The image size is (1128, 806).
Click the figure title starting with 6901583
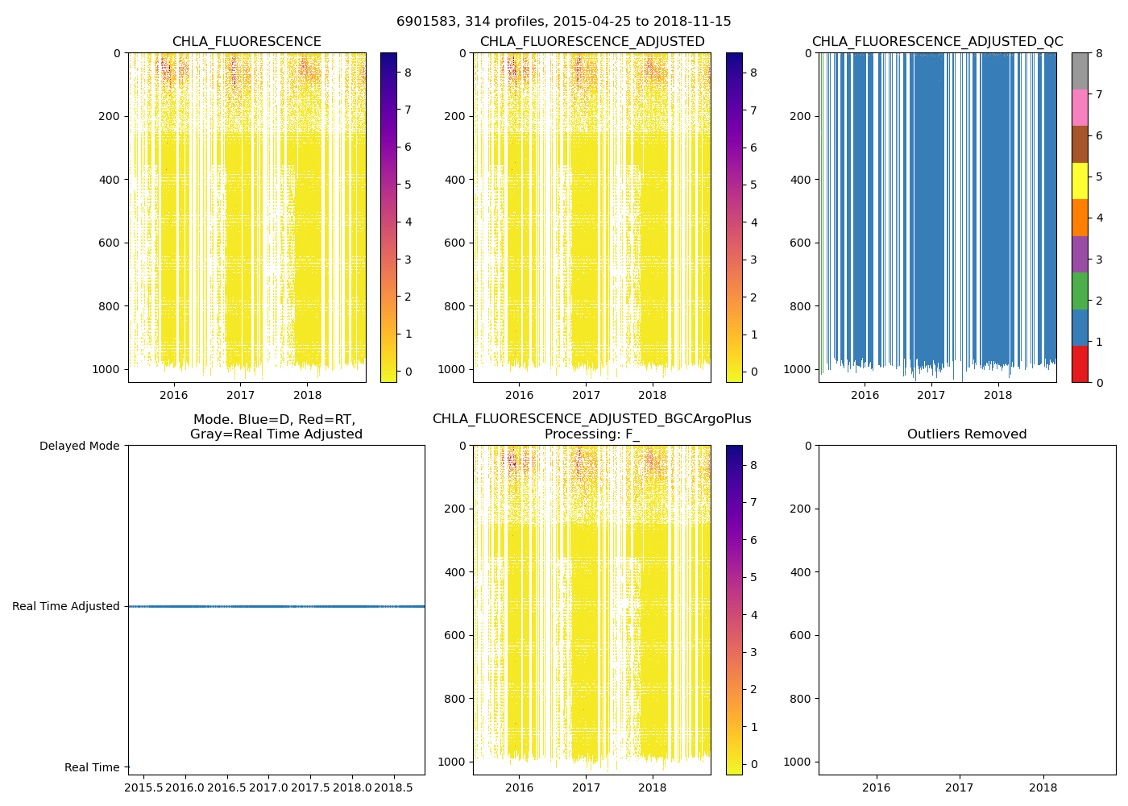[x=563, y=22]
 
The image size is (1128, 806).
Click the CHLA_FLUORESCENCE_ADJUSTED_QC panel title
[x=937, y=42]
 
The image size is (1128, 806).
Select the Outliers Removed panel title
[x=967, y=434]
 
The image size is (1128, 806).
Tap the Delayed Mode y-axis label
[x=79, y=446]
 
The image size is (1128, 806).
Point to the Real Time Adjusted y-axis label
[x=66, y=606]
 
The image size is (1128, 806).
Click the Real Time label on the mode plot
[x=92, y=767]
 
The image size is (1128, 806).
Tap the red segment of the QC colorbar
[x=1080, y=364]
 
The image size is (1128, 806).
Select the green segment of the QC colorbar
[x=1080, y=290]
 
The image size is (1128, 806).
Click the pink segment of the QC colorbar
[x=1080, y=107]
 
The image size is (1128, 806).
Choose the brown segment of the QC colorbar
[x=1080, y=143]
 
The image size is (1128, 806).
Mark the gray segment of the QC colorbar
[x=1080, y=71]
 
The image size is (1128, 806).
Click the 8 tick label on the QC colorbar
[x=1099, y=53]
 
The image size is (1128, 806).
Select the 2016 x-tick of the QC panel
[x=865, y=395]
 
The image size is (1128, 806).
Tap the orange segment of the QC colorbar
[x=1080, y=217]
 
